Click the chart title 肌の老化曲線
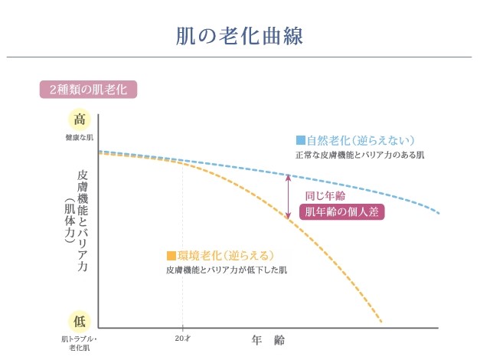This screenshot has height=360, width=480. coord(240,35)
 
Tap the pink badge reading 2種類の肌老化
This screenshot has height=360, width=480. coord(87,89)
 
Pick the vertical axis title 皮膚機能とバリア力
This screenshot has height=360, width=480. coord(83,222)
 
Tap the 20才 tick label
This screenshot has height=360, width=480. coord(182,338)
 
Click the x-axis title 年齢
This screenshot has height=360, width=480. coord(268,338)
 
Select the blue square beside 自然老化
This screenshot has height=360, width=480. coord(301,140)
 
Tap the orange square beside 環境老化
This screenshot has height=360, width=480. coord(171,255)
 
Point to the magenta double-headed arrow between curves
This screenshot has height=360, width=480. coord(289,197)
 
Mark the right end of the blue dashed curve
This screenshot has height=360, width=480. coord(438,212)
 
